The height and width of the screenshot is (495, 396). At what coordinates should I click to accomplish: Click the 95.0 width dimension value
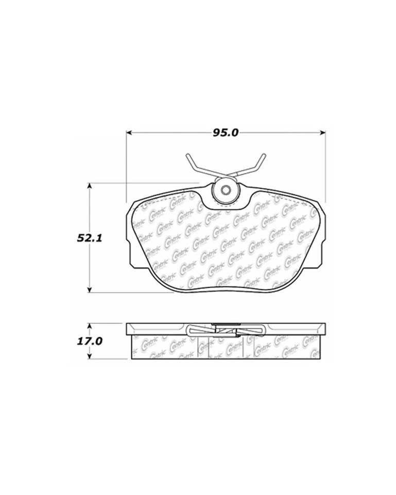tap(225, 133)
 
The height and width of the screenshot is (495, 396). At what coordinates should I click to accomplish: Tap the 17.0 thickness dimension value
tap(91, 341)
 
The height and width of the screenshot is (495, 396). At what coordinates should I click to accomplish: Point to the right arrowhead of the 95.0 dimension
tap(324, 133)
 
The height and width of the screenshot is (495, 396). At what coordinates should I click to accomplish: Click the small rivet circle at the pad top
tap(225, 191)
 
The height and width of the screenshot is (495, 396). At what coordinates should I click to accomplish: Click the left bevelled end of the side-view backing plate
tap(129, 328)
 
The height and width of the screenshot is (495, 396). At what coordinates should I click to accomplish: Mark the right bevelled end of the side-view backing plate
tap(323, 328)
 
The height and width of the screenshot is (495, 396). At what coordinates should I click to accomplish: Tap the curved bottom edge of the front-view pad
tap(225, 287)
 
